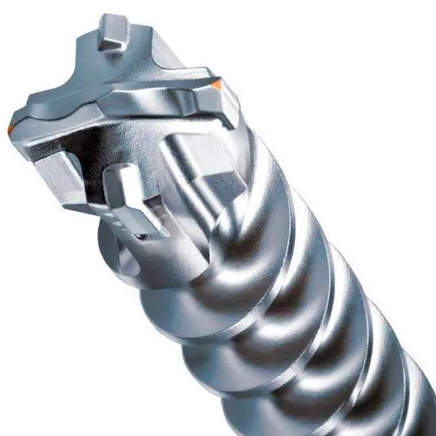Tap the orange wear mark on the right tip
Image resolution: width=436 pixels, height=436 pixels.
coord(217,86)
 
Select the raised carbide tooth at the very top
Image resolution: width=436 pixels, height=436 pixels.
coord(110,33)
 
